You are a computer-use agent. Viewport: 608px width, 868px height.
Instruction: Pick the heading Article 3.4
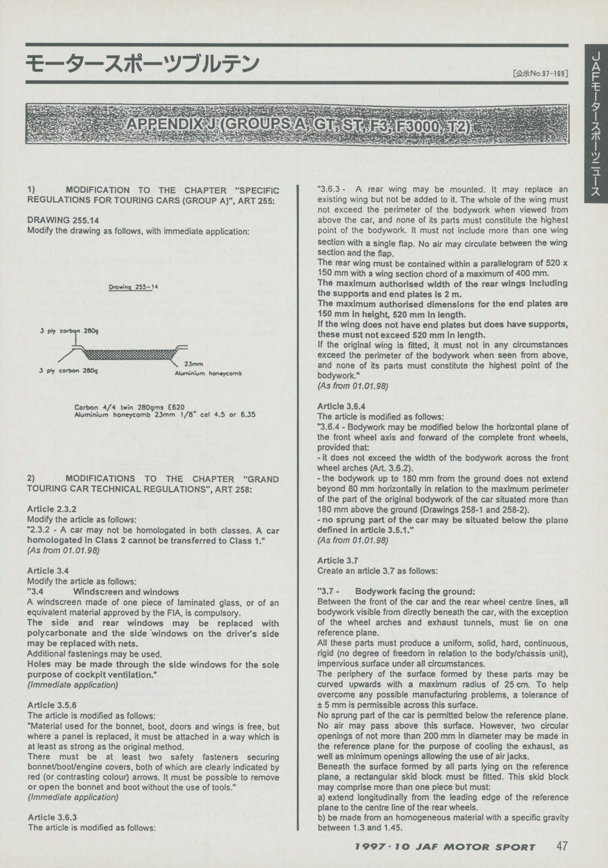coord(48,570)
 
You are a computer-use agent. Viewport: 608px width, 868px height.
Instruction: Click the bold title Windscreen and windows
coord(126,592)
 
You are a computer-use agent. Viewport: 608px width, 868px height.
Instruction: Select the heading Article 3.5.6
coord(52,705)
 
